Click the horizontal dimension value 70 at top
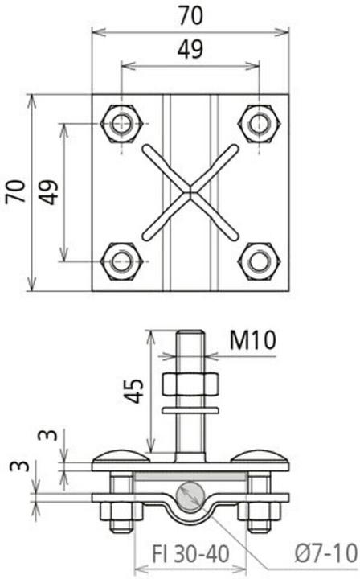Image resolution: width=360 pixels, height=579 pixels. (190, 14)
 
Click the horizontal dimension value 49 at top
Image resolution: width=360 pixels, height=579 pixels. (190, 49)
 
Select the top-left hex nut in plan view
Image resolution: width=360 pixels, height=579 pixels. (122, 124)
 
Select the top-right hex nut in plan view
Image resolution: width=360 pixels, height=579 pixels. (259, 124)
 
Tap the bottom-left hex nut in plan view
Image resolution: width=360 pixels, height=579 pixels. (122, 261)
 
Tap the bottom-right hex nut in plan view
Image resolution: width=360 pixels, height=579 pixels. (259, 261)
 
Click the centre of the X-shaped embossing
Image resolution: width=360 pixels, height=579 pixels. (190, 191)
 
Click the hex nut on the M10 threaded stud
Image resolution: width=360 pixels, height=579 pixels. (190, 385)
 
